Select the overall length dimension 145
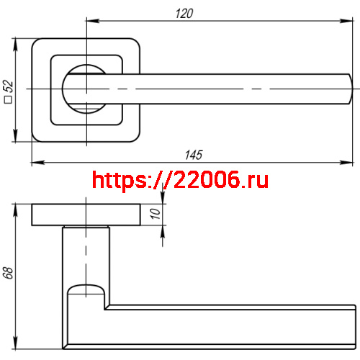tap(193, 155)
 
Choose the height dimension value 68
tap(8, 274)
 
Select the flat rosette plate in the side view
tap(86, 215)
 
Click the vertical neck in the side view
tap(85, 252)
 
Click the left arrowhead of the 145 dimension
tap(35, 163)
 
